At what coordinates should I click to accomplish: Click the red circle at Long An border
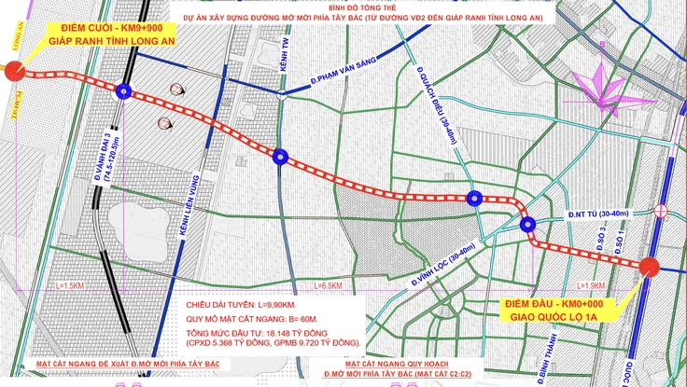click(x=14, y=71)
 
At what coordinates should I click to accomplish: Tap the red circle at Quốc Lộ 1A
click(x=651, y=267)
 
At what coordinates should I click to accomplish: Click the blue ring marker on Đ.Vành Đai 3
click(x=124, y=90)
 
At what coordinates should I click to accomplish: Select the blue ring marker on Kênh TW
click(x=279, y=157)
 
